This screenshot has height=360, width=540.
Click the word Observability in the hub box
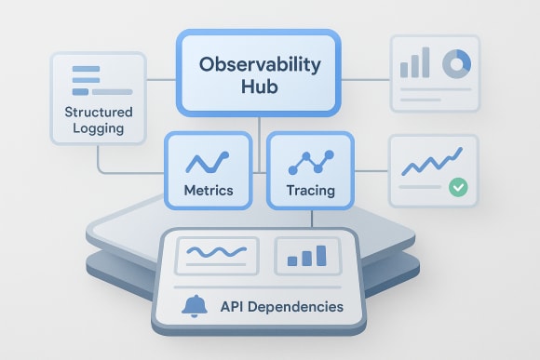[x=258, y=67]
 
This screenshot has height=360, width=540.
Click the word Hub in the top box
[x=258, y=93]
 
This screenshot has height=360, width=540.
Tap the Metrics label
[x=209, y=190]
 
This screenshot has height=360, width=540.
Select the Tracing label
[x=309, y=190]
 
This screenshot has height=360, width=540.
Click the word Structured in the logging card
[x=100, y=112]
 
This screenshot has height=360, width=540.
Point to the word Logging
[x=100, y=128]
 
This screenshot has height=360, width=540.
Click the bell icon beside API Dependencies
[x=196, y=305]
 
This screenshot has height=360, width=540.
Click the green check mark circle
[x=456, y=187]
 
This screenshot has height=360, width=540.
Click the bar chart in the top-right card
[x=415, y=65]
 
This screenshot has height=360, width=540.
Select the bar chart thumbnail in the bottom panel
[x=308, y=255]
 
